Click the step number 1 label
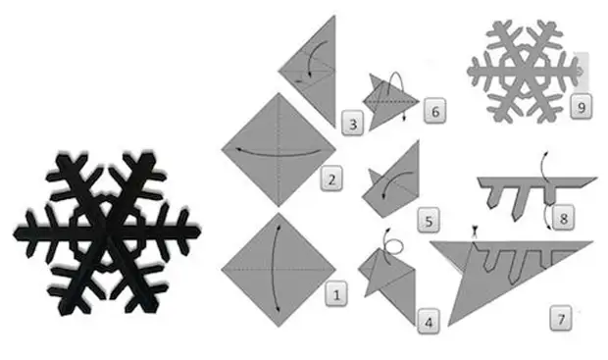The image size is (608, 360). [x=336, y=294]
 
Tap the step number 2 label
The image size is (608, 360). [x=331, y=179]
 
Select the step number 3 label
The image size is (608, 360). [x=353, y=124]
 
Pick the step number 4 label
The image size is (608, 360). [x=429, y=321]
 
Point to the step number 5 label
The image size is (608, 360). [x=429, y=220]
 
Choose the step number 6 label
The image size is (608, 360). [x=434, y=111]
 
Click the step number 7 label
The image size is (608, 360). [x=561, y=319]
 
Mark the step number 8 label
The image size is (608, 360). [x=564, y=217]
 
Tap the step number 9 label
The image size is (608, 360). [x=582, y=106]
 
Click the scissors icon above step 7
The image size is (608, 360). [x=474, y=231]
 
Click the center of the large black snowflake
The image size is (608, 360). [x=106, y=233]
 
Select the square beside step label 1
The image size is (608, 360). [x=279, y=270]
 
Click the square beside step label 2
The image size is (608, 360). [x=279, y=149]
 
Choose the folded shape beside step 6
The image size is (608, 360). [x=391, y=102]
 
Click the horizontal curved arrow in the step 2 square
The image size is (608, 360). [x=279, y=153]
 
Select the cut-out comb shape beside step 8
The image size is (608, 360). [x=536, y=196]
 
